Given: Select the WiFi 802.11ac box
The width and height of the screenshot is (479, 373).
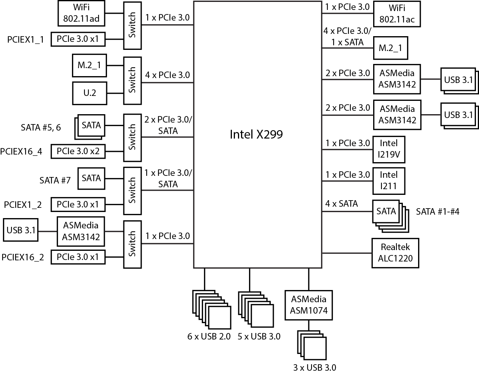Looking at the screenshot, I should click(x=397, y=14).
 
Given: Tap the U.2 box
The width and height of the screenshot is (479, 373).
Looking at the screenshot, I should click(x=89, y=93).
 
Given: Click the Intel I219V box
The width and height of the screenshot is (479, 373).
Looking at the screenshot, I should click(x=388, y=149).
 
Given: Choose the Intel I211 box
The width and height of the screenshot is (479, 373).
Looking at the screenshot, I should click(x=388, y=180).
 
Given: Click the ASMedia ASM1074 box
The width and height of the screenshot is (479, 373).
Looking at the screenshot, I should click(x=308, y=305).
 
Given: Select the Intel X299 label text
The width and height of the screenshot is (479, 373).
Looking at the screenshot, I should click(x=256, y=134).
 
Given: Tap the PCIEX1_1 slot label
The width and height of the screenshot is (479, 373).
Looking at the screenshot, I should click(x=26, y=39).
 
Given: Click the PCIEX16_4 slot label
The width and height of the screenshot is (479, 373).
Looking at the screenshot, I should click(x=21, y=152).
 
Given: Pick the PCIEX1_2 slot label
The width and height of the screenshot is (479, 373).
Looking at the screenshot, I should click(x=23, y=205).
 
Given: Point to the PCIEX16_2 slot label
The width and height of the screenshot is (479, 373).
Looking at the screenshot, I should click(x=22, y=257).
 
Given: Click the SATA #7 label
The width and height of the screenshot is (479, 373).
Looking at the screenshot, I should click(x=55, y=180).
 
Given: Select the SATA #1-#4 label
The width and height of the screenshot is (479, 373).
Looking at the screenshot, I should click(x=437, y=211).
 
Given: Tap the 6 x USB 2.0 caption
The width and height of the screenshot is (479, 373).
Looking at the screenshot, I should click(x=209, y=336).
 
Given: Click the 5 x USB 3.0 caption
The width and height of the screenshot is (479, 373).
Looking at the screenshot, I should click(x=259, y=336).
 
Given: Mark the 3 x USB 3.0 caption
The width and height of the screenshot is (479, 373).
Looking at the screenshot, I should click(x=315, y=368).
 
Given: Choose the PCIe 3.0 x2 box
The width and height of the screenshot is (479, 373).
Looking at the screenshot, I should click(x=78, y=151).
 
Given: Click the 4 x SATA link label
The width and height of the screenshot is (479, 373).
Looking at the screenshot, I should click(x=342, y=204).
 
